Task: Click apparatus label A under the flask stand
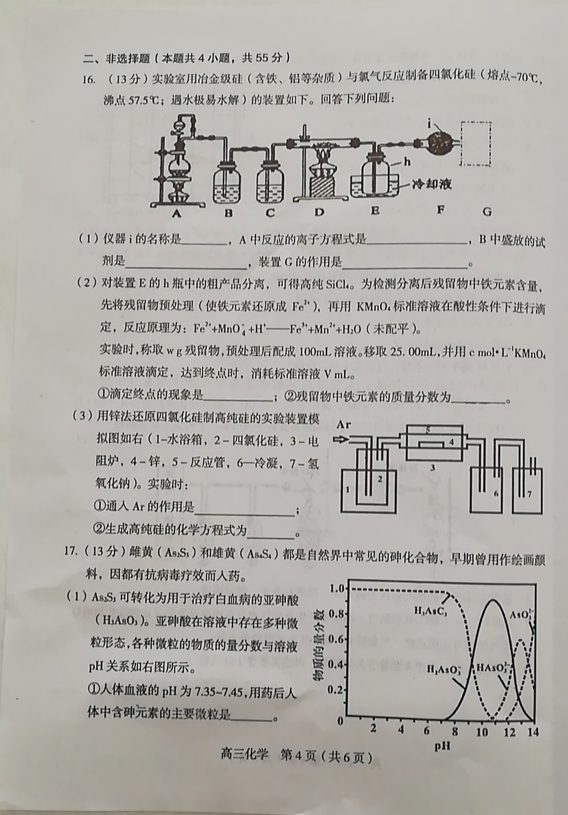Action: [x=176, y=213]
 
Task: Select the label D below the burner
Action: [x=319, y=212]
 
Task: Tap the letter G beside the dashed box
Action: [x=487, y=212]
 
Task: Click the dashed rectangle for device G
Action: [x=476, y=143]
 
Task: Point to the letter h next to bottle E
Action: [x=407, y=161]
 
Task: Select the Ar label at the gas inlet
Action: [x=344, y=425]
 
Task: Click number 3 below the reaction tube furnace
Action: [x=433, y=468]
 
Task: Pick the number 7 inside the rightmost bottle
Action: [x=529, y=494]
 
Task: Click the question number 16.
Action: [x=87, y=79]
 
